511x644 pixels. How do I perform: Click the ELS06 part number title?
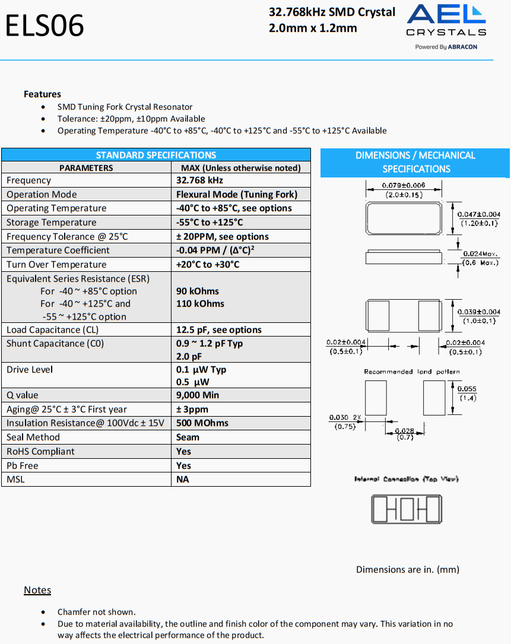pos(45,26)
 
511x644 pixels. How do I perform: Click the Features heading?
pos(42,94)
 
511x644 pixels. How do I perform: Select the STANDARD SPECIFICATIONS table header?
pos(155,155)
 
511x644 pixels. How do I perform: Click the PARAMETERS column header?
pos(86,168)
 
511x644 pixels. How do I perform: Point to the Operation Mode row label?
pos(42,194)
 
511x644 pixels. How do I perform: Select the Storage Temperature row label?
pos(51,222)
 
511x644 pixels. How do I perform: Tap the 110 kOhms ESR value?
pos(200,303)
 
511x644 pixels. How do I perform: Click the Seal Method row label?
pos(33,437)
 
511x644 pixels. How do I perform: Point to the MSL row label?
pos(16,479)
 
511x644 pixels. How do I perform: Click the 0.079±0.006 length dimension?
pos(404,185)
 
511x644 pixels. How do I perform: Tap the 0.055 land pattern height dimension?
pos(468,389)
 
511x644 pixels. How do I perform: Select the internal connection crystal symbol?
pos(407,510)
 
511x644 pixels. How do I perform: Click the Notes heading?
pos(37,590)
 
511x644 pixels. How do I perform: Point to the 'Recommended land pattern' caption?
pos(412,372)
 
